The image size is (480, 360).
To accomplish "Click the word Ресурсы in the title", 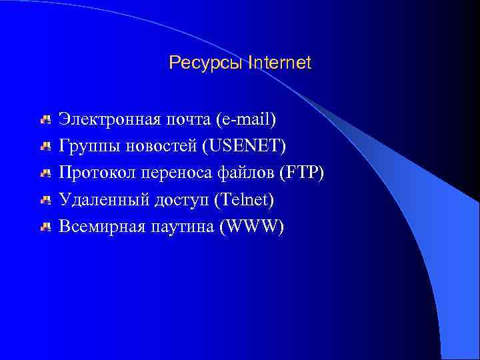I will [x=205, y=63].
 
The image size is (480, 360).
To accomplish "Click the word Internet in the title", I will [x=279, y=63].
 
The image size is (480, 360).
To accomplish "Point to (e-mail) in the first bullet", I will [x=246, y=121].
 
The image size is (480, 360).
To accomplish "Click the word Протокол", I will [x=95, y=173].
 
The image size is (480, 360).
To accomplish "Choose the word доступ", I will [x=178, y=201].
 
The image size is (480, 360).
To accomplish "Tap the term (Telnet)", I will [x=243, y=200].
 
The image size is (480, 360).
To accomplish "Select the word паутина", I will [x=183, y=227].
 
